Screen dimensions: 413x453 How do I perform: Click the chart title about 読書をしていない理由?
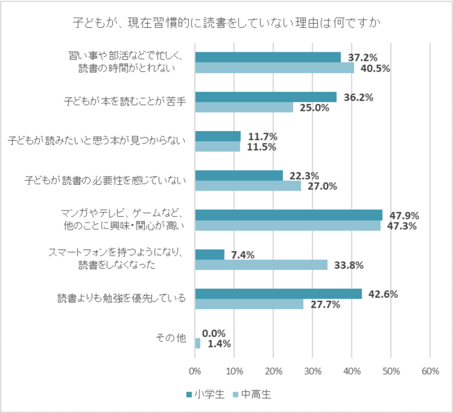point(226,22)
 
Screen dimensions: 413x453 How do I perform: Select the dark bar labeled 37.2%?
point(268,57)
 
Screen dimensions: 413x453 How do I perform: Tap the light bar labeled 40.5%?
point(274,68)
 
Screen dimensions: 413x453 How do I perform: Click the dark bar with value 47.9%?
point(289,215)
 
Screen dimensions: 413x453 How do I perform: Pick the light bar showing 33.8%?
point(261,264)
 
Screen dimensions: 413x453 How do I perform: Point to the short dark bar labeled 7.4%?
point(209,255)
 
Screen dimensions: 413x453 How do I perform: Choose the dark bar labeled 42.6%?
point(278,294)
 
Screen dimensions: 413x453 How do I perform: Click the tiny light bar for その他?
point(198,343)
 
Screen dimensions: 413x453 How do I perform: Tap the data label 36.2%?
point(359,97)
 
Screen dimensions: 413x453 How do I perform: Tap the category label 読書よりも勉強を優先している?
point(121,299)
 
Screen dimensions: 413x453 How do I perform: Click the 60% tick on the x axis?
point(430,371)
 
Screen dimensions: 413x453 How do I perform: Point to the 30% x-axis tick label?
point(312,371)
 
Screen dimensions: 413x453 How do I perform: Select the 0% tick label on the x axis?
point(195,371)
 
